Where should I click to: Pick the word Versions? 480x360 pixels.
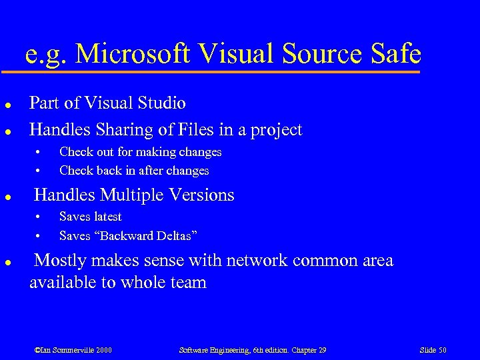204,195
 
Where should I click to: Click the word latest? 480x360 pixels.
107,217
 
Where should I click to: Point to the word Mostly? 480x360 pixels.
59,261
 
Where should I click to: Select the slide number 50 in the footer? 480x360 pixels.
441,350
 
